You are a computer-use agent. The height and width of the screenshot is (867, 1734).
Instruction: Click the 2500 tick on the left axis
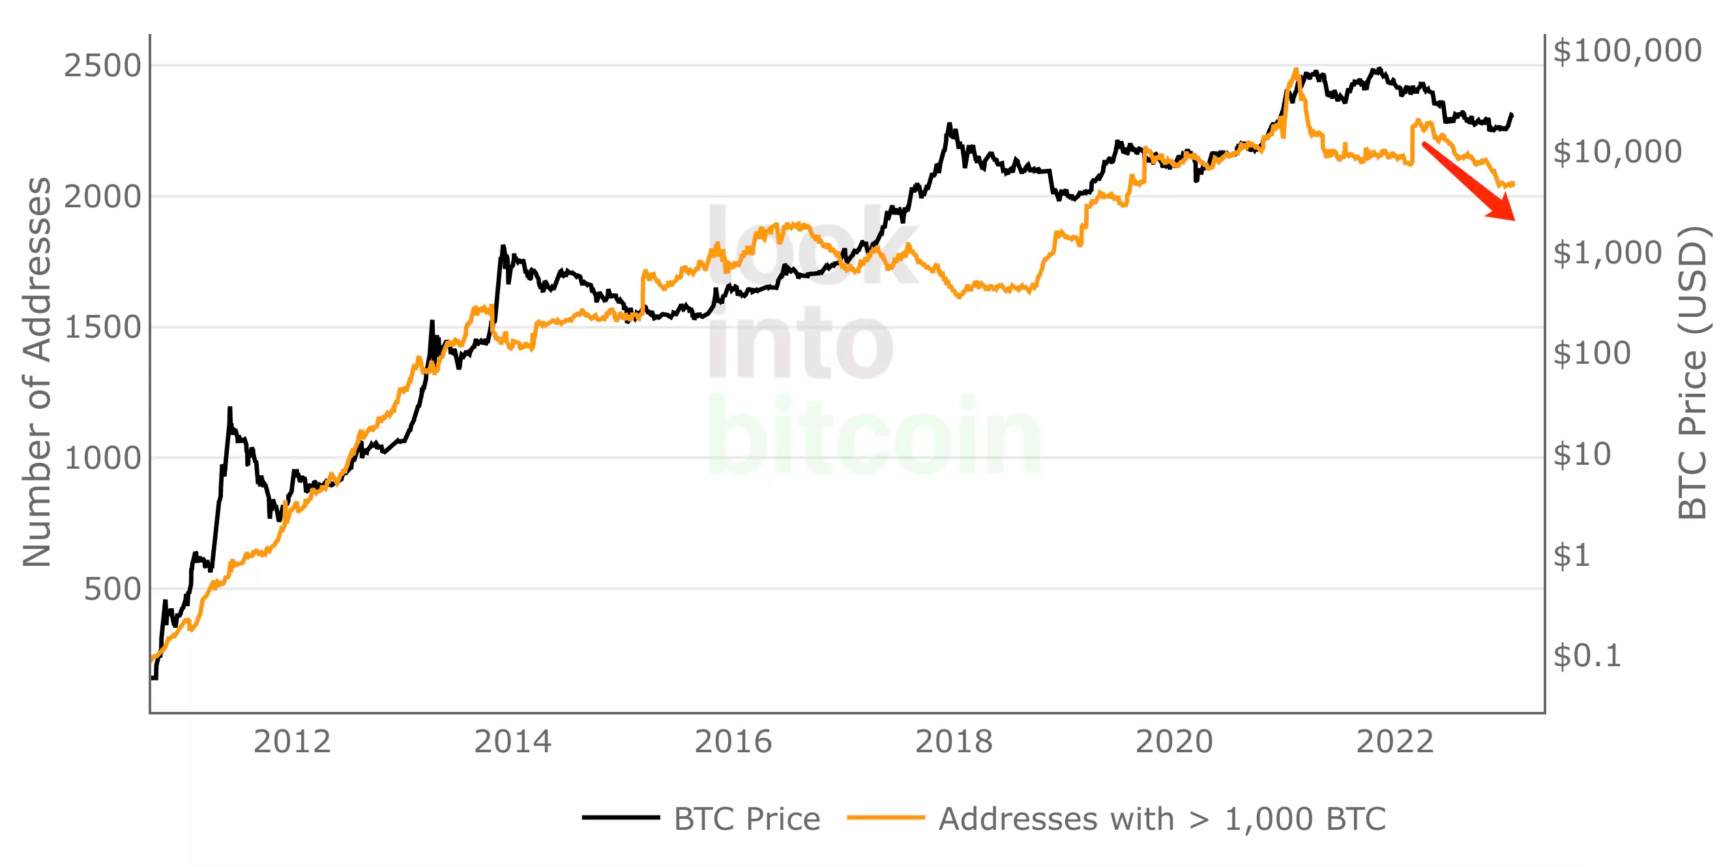click(102, 66)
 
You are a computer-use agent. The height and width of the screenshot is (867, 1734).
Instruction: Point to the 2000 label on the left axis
click(102, 197)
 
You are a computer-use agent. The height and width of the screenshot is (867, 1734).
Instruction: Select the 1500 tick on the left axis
click(102, 327)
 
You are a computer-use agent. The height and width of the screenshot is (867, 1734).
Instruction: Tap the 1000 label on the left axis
click(102, 458)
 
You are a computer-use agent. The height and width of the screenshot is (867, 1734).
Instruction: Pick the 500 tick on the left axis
click(111, 589)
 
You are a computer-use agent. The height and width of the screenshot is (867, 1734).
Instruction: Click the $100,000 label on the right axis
click(1627, 51)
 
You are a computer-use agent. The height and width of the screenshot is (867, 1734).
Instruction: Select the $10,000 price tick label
click(1617, 152)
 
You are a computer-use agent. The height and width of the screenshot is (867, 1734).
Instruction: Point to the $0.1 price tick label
click(1587, 656)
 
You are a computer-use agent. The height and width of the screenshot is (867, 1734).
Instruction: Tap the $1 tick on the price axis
click(1571, 555)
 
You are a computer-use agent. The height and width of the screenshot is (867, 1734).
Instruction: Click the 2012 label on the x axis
click(291, 742)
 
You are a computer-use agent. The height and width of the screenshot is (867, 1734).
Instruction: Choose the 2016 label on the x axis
click(733, 742)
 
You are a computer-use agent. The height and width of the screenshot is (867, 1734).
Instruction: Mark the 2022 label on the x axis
click(1395, 742)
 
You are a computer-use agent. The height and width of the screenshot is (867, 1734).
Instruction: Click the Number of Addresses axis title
click(37, 372)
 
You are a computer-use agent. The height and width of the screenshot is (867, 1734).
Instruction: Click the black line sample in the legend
click(621, 818)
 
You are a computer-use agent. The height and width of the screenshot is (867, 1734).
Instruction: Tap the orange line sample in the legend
click(886, 818)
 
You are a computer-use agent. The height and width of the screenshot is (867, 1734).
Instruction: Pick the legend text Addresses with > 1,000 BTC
click(1162, 819)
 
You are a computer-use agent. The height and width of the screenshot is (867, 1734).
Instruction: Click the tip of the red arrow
click(1514, 220)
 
